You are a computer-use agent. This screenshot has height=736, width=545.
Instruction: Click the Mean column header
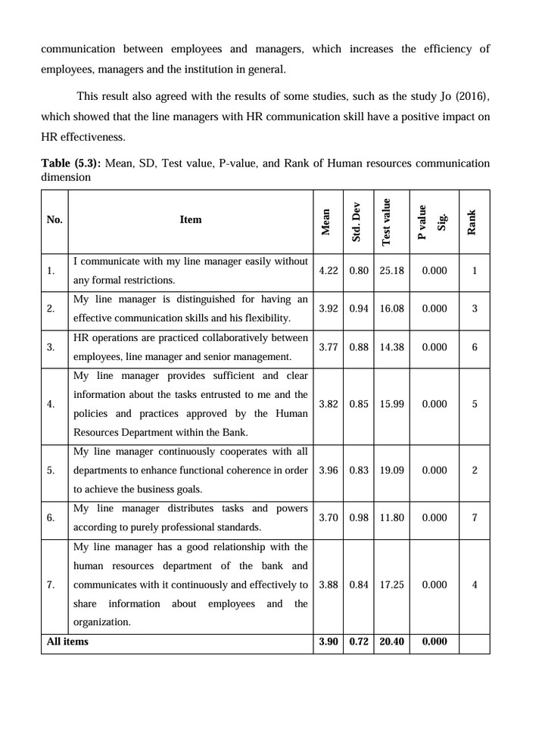(327, 220)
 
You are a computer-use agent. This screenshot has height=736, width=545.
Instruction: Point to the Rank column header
(472, 221)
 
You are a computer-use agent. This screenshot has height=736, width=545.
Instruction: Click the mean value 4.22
(329, 271)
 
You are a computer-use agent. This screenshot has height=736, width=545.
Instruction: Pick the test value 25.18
(391, 271)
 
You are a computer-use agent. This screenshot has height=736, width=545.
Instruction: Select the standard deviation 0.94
(359, 309)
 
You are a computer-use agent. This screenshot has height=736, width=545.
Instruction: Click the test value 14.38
(391, 347)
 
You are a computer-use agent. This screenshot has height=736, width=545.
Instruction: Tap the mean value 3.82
(329, 404)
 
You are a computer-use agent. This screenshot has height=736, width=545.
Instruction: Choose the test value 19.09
(391, 470)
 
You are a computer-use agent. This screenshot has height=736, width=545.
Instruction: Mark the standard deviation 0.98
(359, 517)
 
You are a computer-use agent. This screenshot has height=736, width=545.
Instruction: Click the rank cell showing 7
(474, 517)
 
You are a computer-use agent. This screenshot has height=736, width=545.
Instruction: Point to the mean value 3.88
(329, 584)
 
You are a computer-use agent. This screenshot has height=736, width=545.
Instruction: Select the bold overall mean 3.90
(329, 641)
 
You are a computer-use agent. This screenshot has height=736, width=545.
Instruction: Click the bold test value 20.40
(391, 641)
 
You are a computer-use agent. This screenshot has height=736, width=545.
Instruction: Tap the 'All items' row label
(67, 641)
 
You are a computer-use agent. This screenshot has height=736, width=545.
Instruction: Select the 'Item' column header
(191, 219)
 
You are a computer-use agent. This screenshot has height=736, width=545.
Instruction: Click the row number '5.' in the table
(51, 470)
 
